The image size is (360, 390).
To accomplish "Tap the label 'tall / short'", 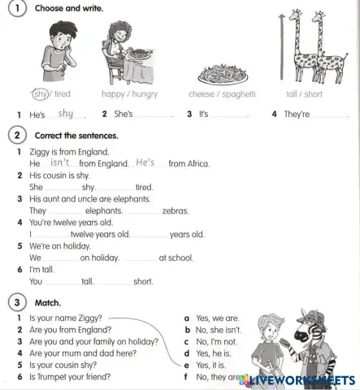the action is [x=303, y=94].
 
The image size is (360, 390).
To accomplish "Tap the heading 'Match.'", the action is [x=48, y=302].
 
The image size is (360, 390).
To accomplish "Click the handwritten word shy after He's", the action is [x=66, y=114].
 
